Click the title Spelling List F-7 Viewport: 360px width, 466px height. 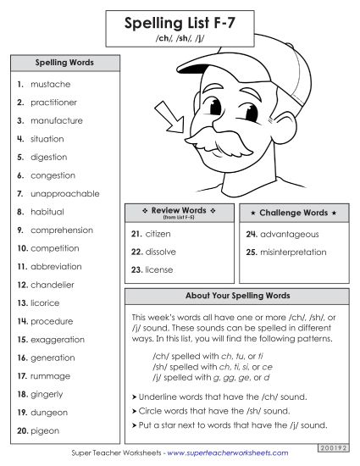tap(180, 25)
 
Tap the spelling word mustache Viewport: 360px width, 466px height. tap(50, 85)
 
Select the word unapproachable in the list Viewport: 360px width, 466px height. tap(63, 194)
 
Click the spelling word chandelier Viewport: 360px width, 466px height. tap(53, 285)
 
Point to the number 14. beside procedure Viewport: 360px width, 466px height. tap(22, 322)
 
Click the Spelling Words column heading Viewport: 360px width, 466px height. tap(64, 63)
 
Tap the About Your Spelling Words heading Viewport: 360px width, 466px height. tap(237, 296)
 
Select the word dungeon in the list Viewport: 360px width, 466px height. tap(49, 413)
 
